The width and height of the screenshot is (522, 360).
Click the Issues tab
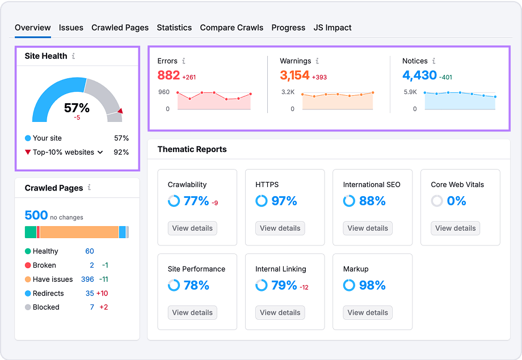(71, 27)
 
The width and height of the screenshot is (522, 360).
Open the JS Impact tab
(332, 27)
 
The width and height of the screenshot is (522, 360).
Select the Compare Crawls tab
(231, 27)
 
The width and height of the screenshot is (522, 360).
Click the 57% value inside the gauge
(77, 108)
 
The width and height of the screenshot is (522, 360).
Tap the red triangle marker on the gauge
(120, 111)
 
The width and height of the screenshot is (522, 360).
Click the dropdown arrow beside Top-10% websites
(100, 152)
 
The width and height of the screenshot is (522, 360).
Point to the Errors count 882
(169, 75)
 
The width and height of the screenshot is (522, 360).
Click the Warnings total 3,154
(294, 75)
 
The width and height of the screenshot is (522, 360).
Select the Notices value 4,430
(419, 75)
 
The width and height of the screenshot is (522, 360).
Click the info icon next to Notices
(433, 61)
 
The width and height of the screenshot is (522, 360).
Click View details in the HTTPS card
(280, 228)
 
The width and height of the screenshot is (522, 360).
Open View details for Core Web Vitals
(456, 228)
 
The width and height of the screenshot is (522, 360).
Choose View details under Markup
(368, 312)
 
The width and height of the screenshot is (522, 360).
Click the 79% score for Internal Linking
(284, 285)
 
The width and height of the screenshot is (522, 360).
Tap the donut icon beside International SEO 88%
(349, 201)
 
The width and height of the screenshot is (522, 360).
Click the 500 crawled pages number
(36, 215)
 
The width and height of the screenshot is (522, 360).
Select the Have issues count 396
(87, 279)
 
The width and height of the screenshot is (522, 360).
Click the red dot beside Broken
(28, 265)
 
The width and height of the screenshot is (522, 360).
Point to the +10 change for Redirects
(102, 293)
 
